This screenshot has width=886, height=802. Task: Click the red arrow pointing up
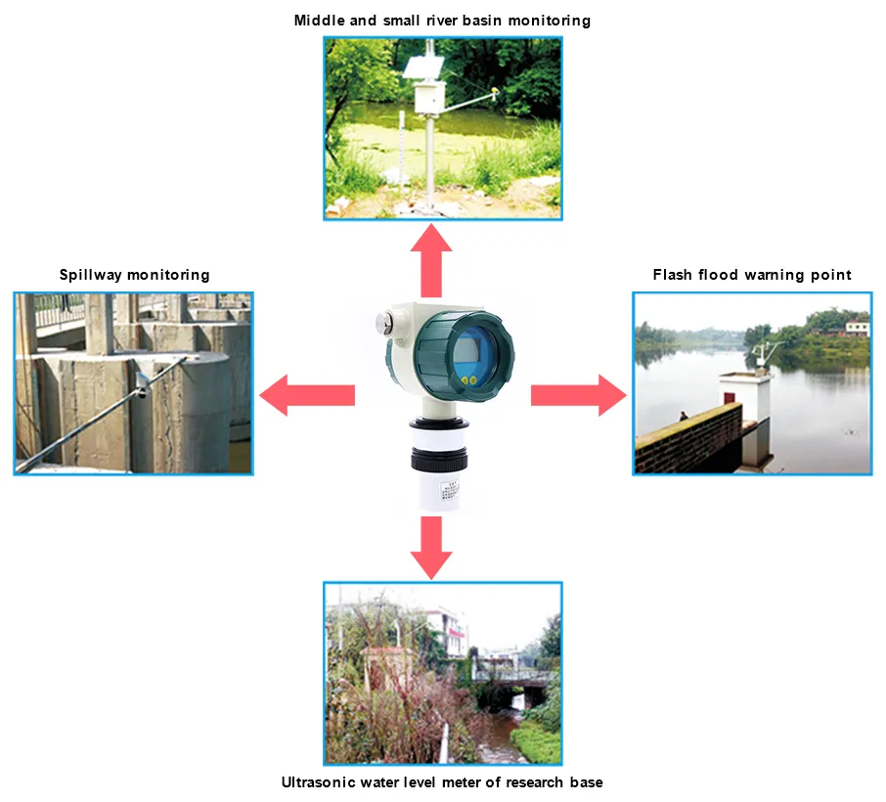pyautogui.click(x=430, y=258)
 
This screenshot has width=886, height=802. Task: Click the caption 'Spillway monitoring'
pyautogui.click(x=134, y=275)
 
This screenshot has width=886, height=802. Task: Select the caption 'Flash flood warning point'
pyautogui.click(x=751, y=275)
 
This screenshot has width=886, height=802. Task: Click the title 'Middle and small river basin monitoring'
pyautogui.click(x=442, y=21)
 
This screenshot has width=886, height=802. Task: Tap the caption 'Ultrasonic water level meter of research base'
pyautogui.click(x=442, y=781)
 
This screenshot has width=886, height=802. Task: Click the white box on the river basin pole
pyautogui.click(x=427, y=97)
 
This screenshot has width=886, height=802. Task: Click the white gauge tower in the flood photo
pyautogui.click(x=743, y=411)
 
